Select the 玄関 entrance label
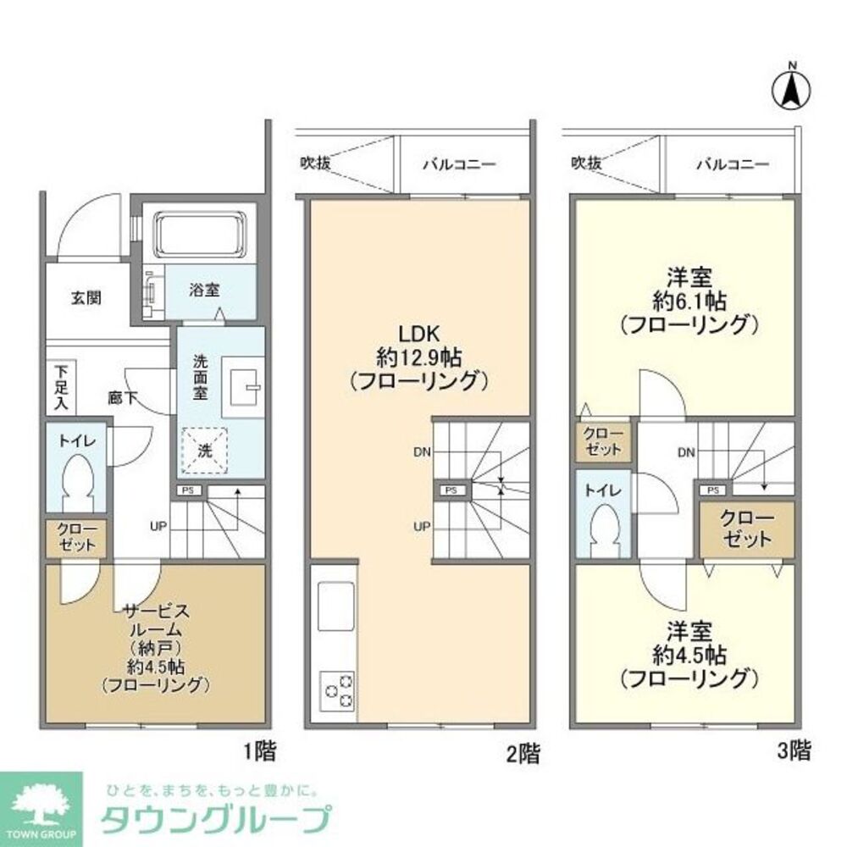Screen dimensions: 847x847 pos(86,298)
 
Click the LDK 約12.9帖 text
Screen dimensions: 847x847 pos(419,357)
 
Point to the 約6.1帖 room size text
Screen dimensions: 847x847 pos(686,301)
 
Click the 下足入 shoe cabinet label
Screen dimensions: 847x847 pos(62,389)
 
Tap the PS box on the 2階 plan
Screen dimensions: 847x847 pos(450,490)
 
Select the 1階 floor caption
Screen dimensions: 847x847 pos(259,750)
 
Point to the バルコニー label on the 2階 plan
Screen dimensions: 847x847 pos(459,164)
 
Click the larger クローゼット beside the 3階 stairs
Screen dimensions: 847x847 pos(746,529)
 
